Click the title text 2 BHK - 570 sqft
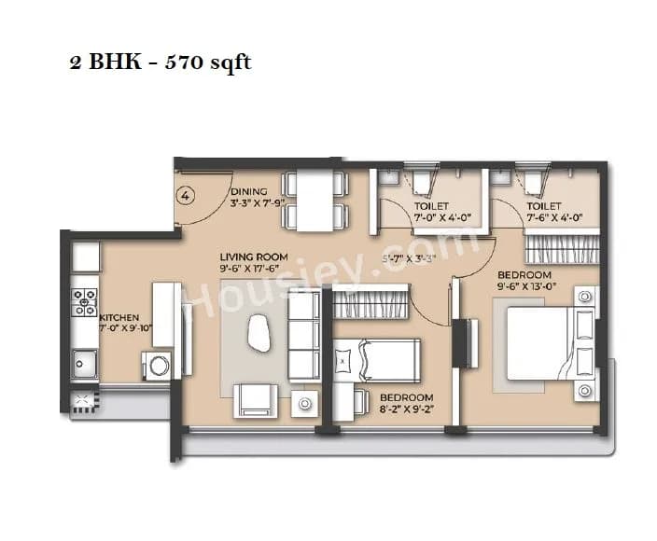pyautogui.click(x=160, y=64)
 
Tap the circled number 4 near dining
pyautogui.click(x=186, y=196)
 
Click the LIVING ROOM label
pyautogui.click(x=254, y=257)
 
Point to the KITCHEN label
pyautogui.click(x=119, y=318)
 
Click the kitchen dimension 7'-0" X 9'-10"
pyautogui.click(x=124, y=328)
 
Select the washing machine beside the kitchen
pyautogui.click(x=157, y=365)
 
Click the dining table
pyautogui.click(x=310, y=201)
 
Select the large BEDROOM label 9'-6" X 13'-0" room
pyautogui.click(x=524, y=275)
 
